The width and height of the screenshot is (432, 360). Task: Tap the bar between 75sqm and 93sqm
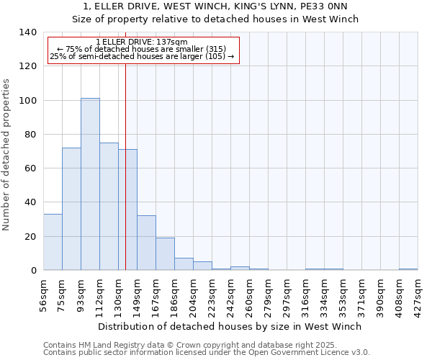(x=71, y=209)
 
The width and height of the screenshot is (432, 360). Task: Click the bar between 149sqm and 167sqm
(x=146, y=243)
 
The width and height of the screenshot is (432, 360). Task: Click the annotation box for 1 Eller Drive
(x=143, y=50)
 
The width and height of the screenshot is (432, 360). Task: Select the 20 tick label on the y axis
(x=30, y=236)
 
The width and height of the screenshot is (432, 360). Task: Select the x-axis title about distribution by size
(x=230, y=326)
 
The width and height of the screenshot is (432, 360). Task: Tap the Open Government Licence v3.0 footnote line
(x=206, y=353)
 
